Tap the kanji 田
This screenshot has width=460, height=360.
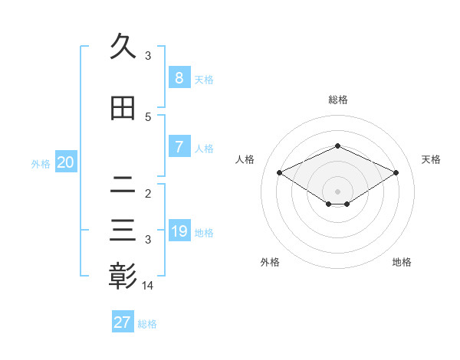pos(123,109)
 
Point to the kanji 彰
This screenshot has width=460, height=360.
pos(123,276)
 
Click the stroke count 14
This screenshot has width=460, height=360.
pos(149,286)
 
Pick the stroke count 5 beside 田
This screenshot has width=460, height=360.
pos(148,117)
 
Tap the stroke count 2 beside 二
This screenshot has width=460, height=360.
pos(148,193)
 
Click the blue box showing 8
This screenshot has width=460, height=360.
pos(179,78)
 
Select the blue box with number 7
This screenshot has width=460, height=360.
pos(179,148)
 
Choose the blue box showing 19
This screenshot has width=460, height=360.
pos(179,231)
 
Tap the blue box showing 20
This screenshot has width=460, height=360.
pos(65,162)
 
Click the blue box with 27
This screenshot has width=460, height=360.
pos(123,322)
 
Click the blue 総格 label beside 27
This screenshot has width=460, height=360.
pos(147,324)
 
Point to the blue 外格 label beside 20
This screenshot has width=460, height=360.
pos(41,164)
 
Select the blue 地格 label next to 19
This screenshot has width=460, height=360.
pos(204,233)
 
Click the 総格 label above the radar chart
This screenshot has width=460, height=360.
pos(337,100)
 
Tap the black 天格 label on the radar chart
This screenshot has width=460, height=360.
pos(431,159)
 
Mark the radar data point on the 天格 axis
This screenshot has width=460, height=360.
pos(396,173)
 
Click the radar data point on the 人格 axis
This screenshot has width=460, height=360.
pos(280,173)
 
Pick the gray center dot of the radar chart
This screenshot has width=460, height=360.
pos(337,191)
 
